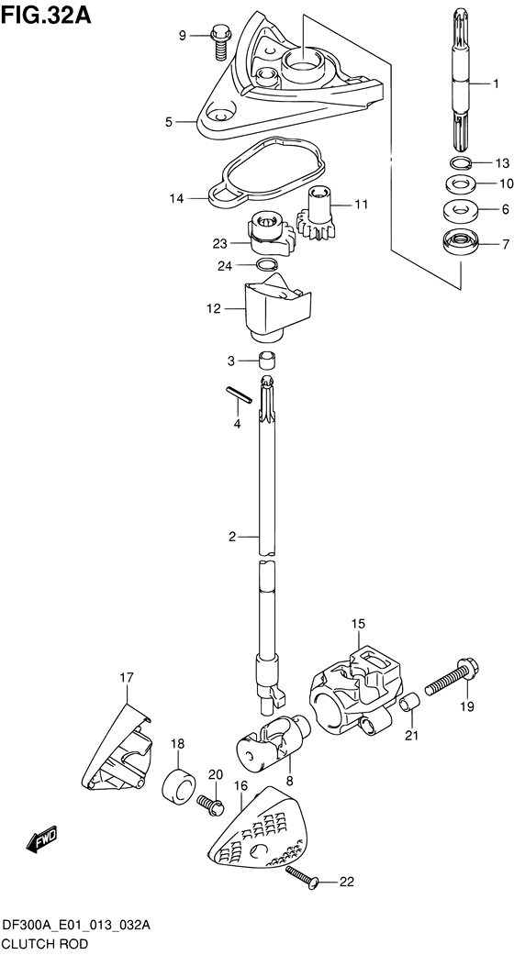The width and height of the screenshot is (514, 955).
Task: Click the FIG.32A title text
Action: [46, 14]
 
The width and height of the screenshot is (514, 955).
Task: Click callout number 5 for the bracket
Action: [169, 122]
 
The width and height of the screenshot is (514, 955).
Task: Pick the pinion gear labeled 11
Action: [316, 215]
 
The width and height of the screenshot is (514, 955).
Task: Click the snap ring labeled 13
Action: [461, 162]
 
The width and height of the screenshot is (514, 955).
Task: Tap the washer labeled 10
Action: [461, 183]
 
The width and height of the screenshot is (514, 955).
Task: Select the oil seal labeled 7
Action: [461, 244]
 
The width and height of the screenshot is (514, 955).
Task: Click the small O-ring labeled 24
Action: [266, 264]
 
